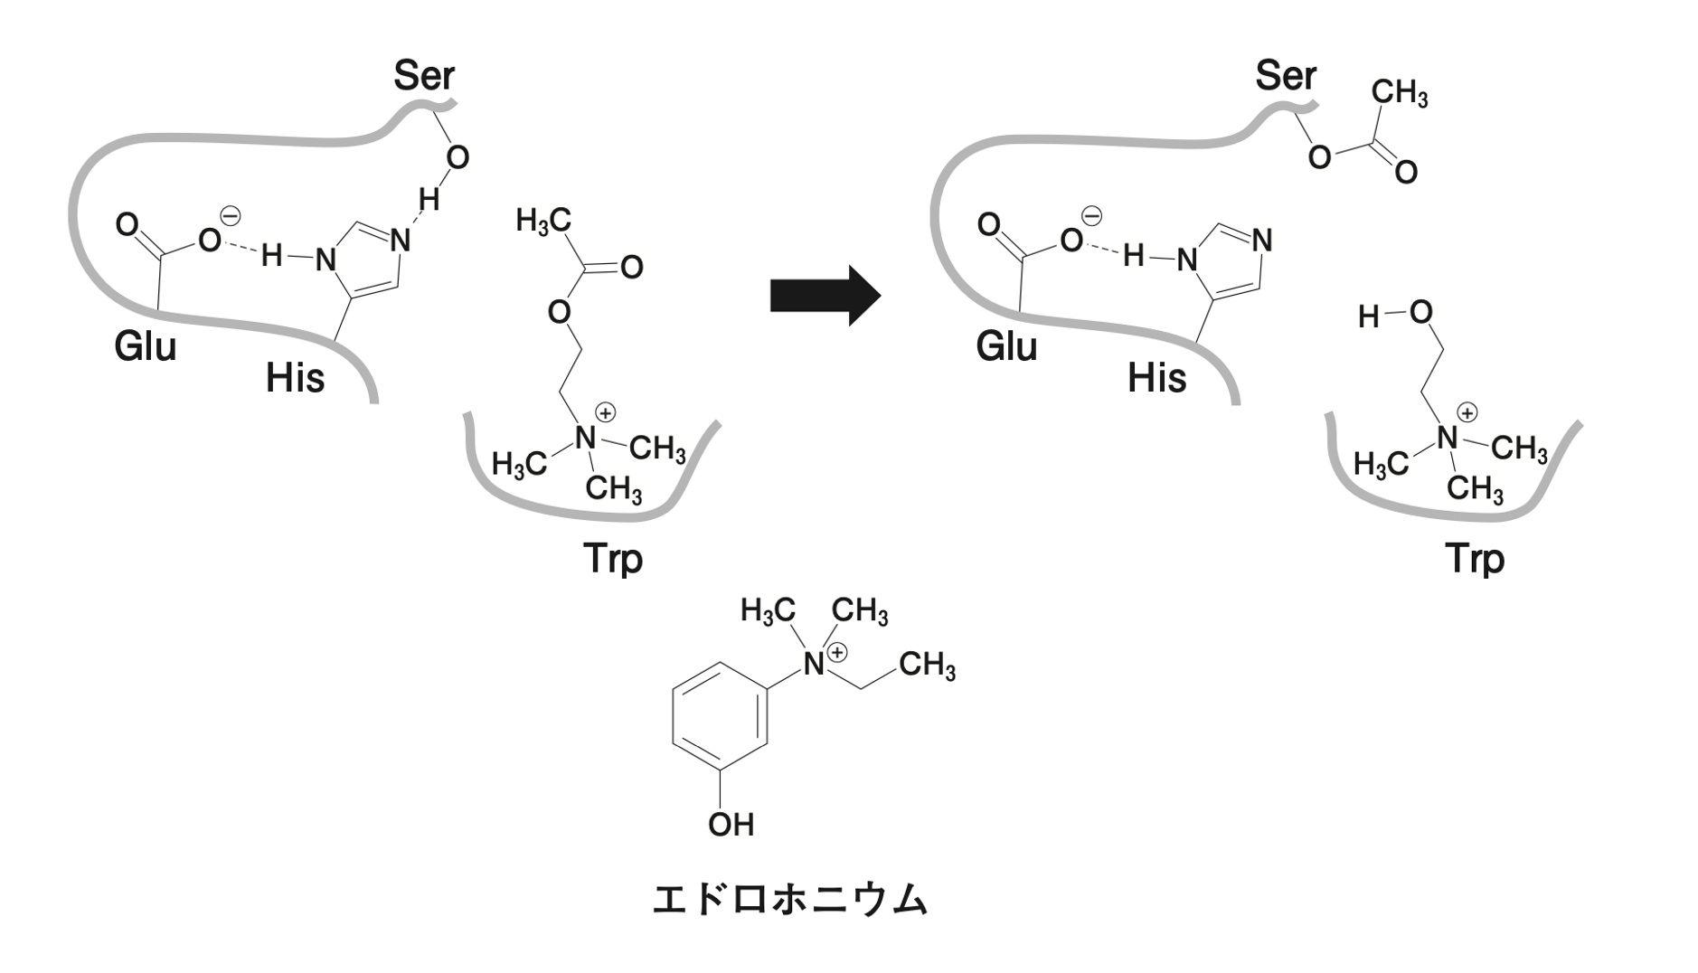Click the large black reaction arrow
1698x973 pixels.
click(824, 295)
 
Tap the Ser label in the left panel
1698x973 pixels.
click(423, 76)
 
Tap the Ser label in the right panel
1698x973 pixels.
click(1285, 76)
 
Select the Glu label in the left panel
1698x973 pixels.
click(145, 346)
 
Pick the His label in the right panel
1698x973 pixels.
click(1156, 378)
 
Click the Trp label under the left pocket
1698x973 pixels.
click(612, 558)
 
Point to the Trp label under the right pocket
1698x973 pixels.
click(1474, 558)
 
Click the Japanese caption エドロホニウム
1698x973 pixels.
click(789, 900)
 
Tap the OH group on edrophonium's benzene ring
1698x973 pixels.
click(731, 824)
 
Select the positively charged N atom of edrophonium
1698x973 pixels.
click(814, 666)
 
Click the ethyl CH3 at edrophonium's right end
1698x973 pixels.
click(927, 666)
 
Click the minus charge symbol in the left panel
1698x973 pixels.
click(231, 216)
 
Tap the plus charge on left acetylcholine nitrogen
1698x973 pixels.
click(605, 413)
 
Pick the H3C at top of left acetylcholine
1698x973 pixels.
click(543, 222)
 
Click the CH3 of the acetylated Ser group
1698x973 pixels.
click(1399, 93)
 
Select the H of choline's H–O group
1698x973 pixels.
click(1369, 316)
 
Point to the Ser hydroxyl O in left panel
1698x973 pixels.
click(458, 158)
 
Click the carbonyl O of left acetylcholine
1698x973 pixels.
click(631, 267)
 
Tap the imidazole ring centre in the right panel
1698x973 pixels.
click(1226, 260)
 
